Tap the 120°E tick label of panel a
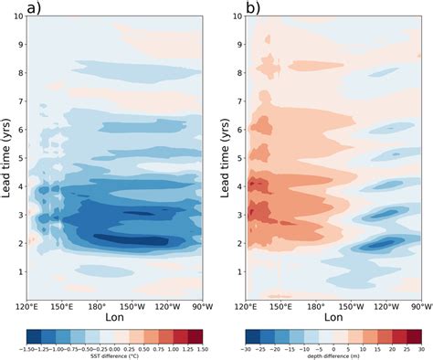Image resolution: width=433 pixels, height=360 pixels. (26, 306)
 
